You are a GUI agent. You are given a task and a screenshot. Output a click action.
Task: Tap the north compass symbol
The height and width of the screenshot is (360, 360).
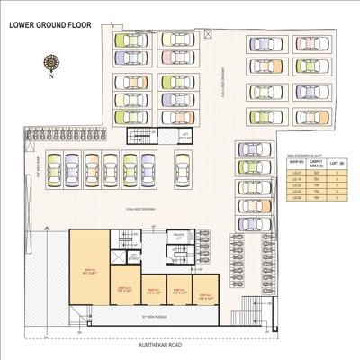coord(50,63)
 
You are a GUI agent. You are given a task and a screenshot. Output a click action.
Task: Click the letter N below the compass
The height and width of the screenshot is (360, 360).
coord(52,76)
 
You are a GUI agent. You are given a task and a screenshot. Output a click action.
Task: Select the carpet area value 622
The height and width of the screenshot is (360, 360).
coord(317,173)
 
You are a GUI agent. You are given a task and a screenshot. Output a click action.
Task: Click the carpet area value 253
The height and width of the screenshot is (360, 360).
coord(317,179)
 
